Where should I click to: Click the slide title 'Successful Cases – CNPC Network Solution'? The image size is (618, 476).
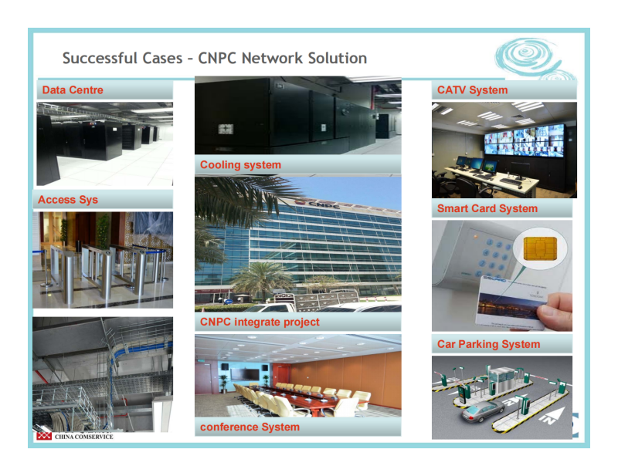coord(215,58)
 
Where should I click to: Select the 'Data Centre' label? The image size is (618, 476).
coord(73,90)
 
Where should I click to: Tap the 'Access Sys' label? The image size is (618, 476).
coord(68,200)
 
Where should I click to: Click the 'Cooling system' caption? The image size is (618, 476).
coord(240,164)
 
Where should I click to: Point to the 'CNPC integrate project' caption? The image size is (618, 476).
coord(260,322)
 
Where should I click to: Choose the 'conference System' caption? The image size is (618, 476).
coord(250,427)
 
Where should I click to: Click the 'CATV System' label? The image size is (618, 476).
coord(472,90)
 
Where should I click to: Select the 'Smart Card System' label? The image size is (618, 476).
coord(487,208)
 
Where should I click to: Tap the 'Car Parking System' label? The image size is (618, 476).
coord(488,344)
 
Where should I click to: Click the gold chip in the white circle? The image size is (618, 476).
coord(540,248)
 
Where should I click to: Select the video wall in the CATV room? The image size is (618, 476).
coord(525,140)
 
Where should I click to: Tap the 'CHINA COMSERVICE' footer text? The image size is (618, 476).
coord(84,437)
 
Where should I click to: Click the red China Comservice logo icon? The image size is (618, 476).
coord(44,436)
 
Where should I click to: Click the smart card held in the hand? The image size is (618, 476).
coord(511,302)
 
